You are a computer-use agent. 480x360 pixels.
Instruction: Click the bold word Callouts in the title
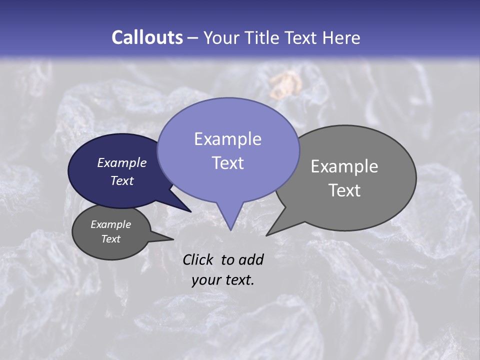coord(147,37)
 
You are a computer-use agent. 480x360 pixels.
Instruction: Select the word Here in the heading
coord(341,37)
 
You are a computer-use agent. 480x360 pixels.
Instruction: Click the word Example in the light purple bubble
coord(227,139)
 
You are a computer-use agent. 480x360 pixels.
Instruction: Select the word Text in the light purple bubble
coord(227,163)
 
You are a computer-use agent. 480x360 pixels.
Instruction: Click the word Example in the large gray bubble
coord(344,166)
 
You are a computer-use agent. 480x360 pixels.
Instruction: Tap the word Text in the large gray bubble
coord(344,190)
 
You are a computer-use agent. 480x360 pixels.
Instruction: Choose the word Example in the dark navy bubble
coord(121,162)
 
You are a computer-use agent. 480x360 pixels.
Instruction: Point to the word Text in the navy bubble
coord(122,180)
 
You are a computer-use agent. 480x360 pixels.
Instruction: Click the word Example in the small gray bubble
coord(110,224)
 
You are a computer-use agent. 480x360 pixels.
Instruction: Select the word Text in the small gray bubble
coord(111,239)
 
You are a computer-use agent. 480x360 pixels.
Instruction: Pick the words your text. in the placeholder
coord(223,280)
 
